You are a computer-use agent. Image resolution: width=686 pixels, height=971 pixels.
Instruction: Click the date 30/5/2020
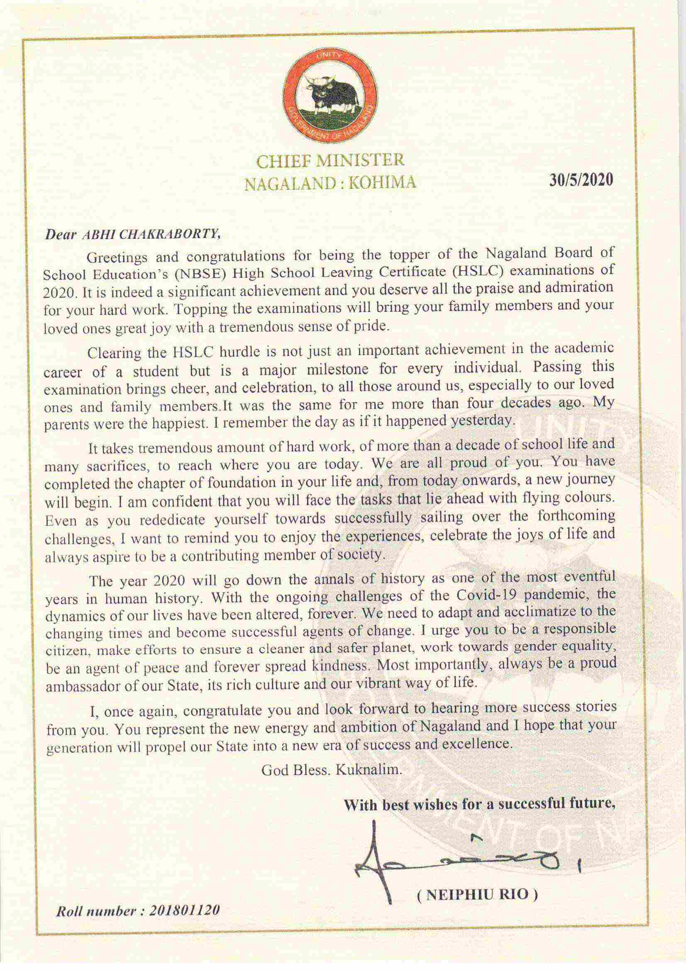click(581, 181)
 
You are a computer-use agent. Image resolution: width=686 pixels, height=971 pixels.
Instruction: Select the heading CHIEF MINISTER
click(331, 161)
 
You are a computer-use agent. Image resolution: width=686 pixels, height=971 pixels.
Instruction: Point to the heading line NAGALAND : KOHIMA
click(331, 183)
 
